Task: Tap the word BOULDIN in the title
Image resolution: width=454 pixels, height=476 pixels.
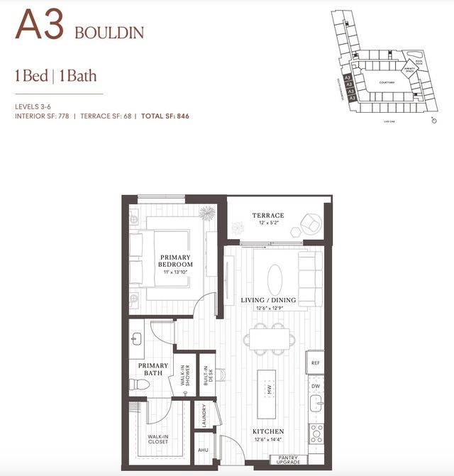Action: click(109, 33)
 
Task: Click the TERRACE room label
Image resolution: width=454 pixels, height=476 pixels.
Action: click(268, 215)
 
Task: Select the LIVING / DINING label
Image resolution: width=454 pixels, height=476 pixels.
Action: click(268, 300)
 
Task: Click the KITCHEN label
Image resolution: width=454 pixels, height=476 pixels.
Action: click(268, 431)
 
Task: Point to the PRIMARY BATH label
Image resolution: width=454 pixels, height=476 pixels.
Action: click(148, 369)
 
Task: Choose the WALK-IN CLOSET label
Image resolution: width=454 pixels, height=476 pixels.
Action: click(157, 440)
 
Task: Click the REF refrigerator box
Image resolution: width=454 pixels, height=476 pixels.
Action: click(316, 362)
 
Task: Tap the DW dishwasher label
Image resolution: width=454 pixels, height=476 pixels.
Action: click(316, 387)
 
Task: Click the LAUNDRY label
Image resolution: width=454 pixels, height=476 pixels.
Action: click(204, 414)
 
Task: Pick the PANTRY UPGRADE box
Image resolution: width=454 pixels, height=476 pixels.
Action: click(289, 460)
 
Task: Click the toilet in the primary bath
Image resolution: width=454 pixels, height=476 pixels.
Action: click(138, 384)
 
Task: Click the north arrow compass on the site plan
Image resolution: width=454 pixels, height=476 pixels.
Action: click(433, 121)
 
